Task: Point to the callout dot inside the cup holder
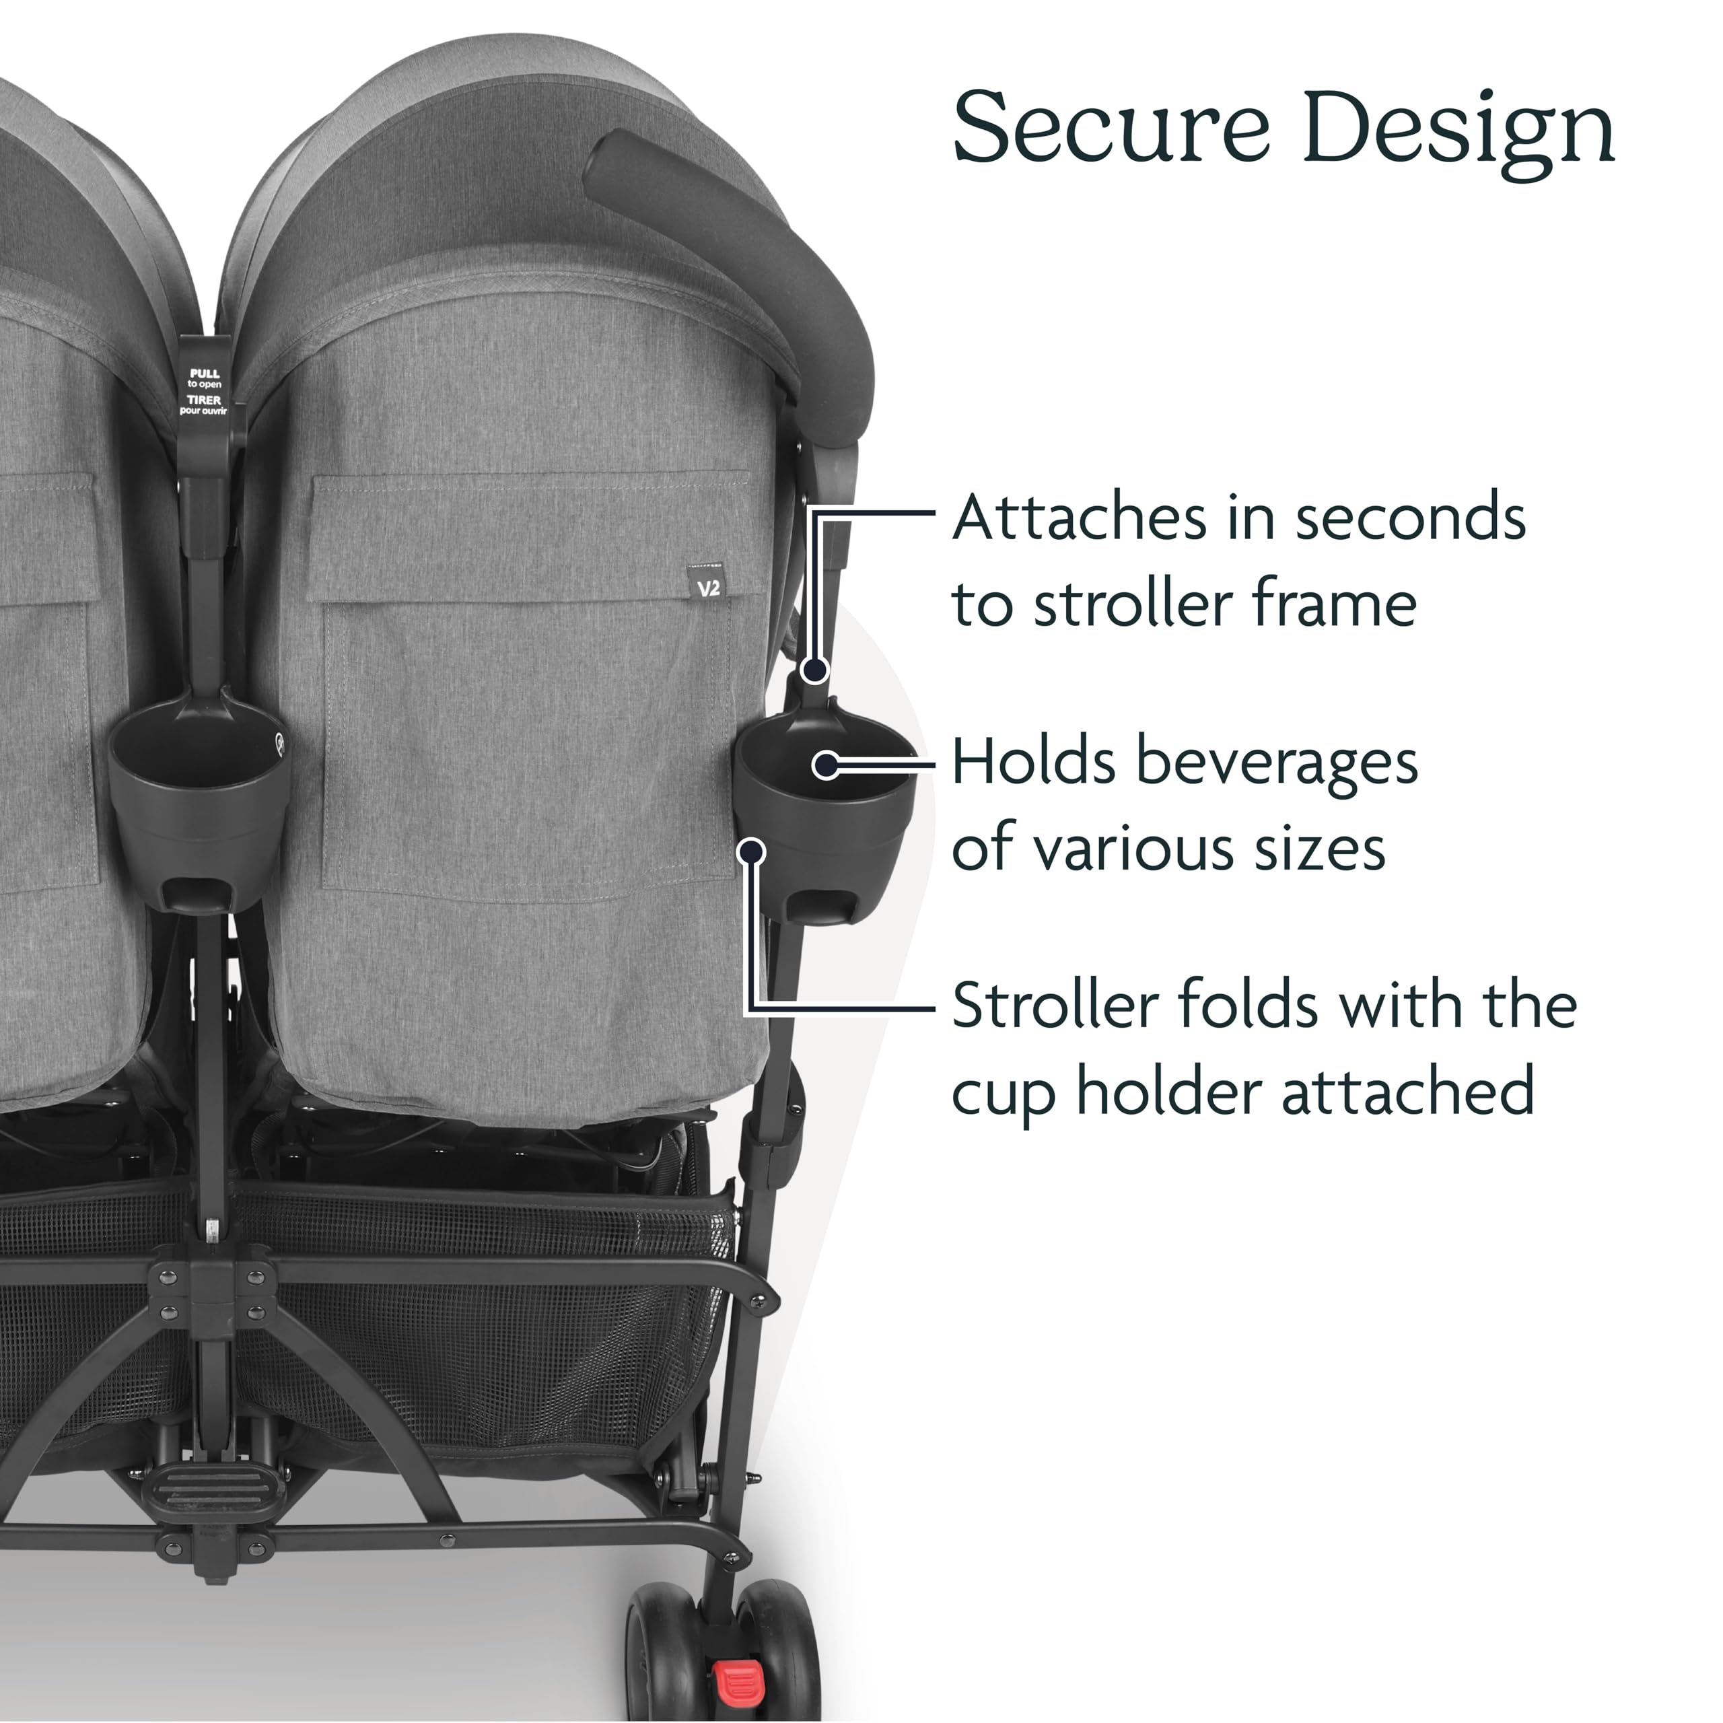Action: [827, 765]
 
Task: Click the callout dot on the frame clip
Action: [814, 670]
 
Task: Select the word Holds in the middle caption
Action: [1032, 763]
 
